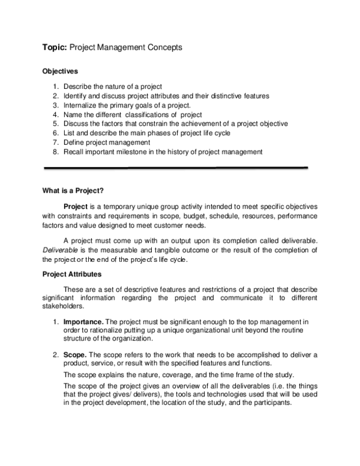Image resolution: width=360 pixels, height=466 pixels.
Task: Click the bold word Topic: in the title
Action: pos(55,47)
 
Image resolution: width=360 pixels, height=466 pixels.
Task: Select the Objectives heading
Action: pos(60,71)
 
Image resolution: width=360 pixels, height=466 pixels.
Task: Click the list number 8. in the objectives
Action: pos(55,152)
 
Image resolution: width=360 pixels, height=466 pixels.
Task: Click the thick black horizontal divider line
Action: pos(174,168)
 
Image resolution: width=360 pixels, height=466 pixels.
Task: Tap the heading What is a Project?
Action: pos(73,192)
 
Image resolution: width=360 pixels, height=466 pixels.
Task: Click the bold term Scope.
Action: pos(74,355)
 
